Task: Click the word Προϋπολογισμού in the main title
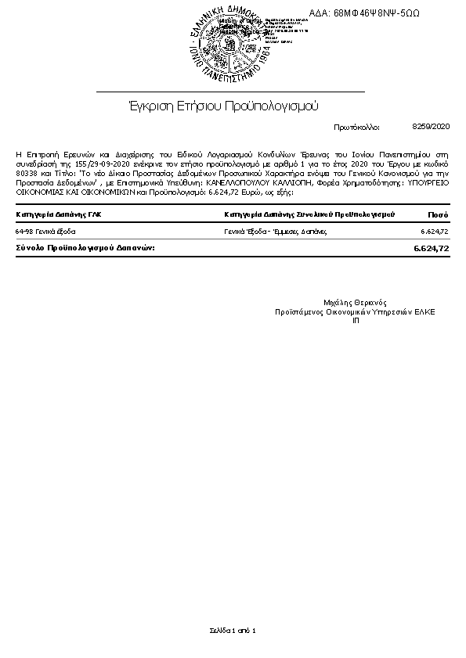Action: tap(271, 106)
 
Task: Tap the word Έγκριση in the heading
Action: tap(147, 106)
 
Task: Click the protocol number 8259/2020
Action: tap(431, 125)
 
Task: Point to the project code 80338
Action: tap(27, 173)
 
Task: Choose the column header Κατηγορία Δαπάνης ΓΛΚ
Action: tap(59, 214)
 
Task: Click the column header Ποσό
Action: tap(438, 214)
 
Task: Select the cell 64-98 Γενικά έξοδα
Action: tap(45, 232)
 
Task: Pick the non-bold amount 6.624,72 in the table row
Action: tap(434, 232)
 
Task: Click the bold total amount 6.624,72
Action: tap(431, 248)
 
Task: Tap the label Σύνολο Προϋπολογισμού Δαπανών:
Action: tap(85, 247)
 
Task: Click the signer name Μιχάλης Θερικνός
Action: tap(355, 302)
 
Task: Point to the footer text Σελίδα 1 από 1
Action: tap(233, 630)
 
